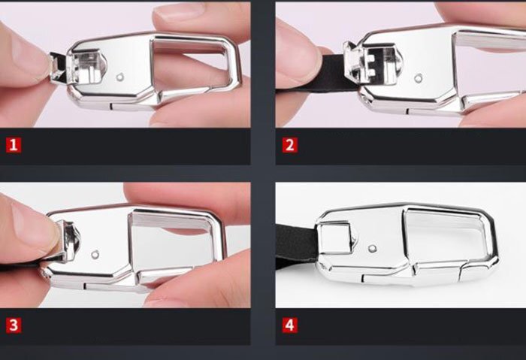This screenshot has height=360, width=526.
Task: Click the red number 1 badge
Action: tap(14, 145)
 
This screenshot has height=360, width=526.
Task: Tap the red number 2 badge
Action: tap(290, 145)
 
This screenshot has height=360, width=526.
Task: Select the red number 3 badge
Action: tap(14, 325)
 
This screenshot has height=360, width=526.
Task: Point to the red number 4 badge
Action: tap(290, 325)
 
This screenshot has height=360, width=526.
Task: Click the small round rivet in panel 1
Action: tap(120, 78)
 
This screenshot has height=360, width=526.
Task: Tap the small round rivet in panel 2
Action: tap(418, 79)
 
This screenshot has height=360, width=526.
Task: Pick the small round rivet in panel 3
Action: tap(95, 255)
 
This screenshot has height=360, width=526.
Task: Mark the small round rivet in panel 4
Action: tap(373, 249)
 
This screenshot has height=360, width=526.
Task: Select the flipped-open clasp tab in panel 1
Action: tap(58, 67)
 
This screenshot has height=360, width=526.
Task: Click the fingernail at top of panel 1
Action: tap(178, 10)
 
